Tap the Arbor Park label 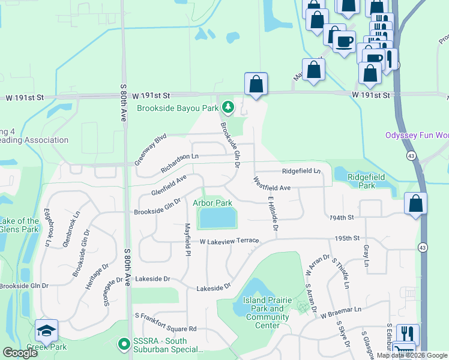[212, 203]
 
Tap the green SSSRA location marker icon [124, 344]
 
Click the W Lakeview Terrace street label [229, 241]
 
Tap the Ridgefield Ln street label [301, 171]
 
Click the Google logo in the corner [20, 353]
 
